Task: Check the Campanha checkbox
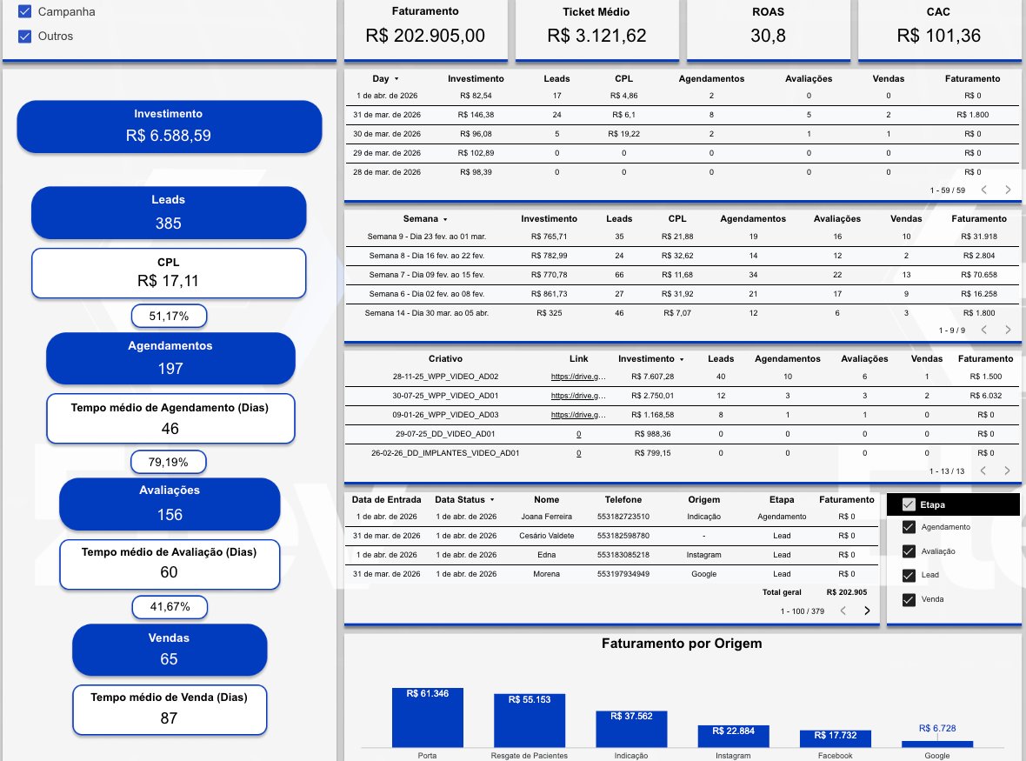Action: click(24, 12)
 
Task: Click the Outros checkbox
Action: click(24, 37)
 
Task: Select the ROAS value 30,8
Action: click(768, 35)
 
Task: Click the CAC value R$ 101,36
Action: click(939, 35)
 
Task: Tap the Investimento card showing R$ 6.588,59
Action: click(169, 127)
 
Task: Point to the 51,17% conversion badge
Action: click(169, 316)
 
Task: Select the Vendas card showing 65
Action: click(169, 649)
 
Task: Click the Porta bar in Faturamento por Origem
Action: click(428, 718)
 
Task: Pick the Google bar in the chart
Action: click(937, 744)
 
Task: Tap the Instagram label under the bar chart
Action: click(733, 756)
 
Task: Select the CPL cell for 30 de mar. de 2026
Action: click(623, 134)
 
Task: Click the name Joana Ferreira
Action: click(543, 516)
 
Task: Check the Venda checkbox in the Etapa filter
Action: click(909, 599)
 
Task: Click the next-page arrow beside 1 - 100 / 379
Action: click(866, 611)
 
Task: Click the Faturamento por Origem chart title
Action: click(682, 644)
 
